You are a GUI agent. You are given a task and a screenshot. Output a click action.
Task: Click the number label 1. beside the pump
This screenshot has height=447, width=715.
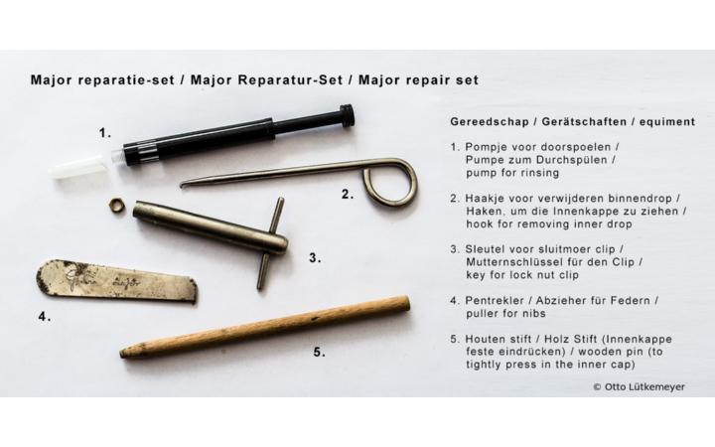click(104, 130)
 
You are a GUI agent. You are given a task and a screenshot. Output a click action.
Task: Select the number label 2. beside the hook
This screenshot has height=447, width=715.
click(347, 194)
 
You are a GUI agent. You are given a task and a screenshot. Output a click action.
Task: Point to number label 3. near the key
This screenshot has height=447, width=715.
click(315, 257)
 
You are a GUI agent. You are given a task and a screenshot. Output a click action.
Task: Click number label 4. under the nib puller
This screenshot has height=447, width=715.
click(45, 318)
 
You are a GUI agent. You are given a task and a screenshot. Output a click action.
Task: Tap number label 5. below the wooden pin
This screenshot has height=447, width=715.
click(319, 351)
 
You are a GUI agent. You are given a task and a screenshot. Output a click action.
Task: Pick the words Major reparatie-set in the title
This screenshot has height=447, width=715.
click(98, 76)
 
